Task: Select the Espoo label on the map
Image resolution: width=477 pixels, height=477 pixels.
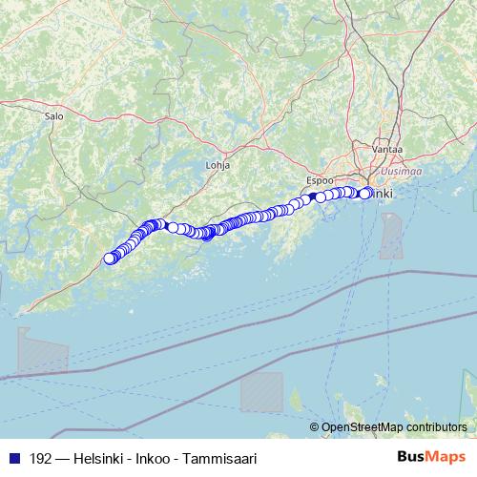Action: (x=320, y=178)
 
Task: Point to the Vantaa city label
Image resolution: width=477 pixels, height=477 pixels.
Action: (x=388, y=150)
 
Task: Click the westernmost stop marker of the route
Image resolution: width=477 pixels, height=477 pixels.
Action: (x=110, y=258)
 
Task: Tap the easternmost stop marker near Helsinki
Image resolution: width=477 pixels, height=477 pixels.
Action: (x=365, y=194)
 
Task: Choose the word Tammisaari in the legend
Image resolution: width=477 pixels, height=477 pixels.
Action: (x=223, y=459)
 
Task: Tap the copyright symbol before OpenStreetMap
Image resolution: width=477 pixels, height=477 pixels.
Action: (x=315, y=428)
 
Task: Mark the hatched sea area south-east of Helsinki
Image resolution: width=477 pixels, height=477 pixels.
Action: (x=391, y=236)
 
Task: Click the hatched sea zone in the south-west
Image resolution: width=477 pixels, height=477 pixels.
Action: (x=40, y=351)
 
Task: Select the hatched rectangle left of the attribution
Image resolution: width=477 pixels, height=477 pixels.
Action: (x=260, y=391)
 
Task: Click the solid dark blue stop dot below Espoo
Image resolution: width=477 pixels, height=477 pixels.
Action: (x=312, y=197)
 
